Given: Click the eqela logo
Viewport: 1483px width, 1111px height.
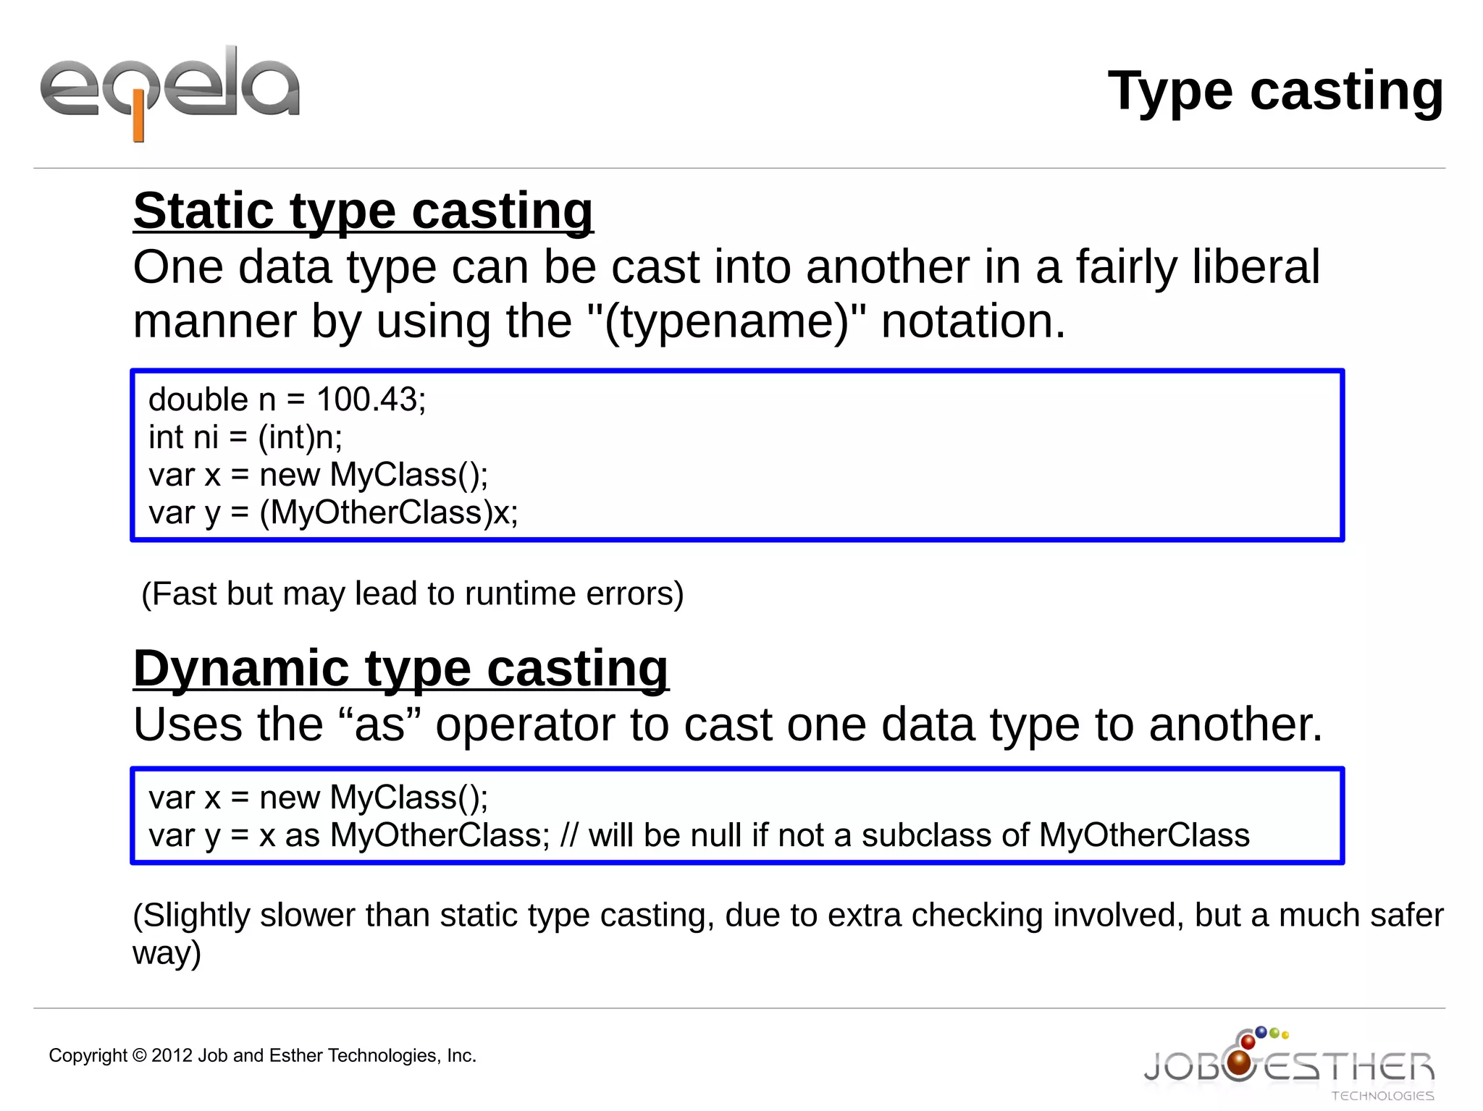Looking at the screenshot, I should click(170, 90).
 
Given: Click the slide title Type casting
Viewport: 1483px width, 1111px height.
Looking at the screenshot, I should click(1275, 91).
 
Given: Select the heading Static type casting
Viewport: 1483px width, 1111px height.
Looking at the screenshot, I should click(364, 211).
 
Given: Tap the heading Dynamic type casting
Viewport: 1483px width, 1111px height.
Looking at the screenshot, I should click(401, 668).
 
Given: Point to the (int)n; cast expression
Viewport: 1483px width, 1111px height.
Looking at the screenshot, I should click(300, 437).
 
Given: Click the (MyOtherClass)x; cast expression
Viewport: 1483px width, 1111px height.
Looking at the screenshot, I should click(389, 512).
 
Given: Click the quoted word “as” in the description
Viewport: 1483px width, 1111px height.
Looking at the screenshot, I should click(379, 724).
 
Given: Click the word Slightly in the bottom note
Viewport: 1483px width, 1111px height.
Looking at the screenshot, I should click(192, 915).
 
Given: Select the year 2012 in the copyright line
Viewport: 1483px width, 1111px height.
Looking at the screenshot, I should click(172, 1055).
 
